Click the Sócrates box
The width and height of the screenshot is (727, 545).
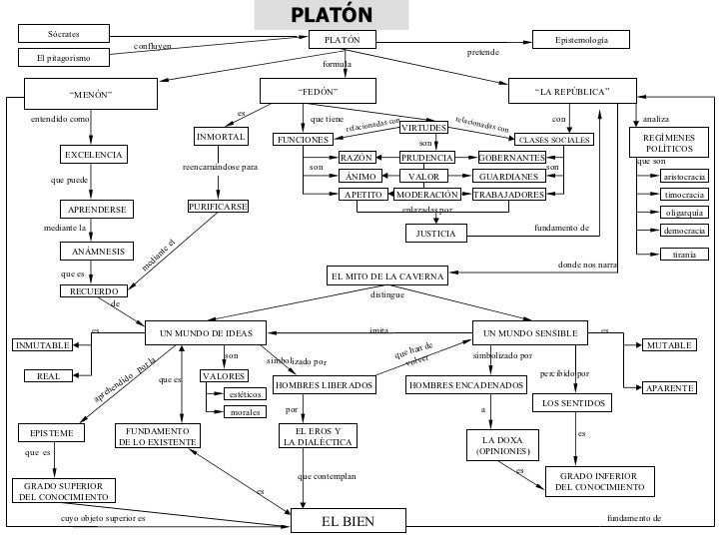[x=64, y=33]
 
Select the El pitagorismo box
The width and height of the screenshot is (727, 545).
[x=64, y=58]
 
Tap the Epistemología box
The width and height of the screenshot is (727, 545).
[x=581, y=39]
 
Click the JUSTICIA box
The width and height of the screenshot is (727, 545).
[x=435, y=234]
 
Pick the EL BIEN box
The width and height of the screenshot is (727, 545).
[x=349, y=520]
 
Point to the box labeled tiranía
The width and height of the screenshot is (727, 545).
[x=684, y=254]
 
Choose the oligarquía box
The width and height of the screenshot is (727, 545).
[x=684, y=213]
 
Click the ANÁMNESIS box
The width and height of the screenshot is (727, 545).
[x=97, y=252]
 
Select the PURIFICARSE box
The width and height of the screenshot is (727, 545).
[x=218, y=207]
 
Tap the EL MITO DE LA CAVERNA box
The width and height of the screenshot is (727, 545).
[x=387, y=275]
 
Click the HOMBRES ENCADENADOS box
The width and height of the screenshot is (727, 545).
[x=466, y=385]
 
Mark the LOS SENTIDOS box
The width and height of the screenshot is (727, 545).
[x=572, y=402]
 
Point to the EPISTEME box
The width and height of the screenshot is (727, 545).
[x=52, y=433]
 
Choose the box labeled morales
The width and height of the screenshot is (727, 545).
[x=245, y=412]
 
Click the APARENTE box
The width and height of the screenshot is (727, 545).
[x=669, y=388]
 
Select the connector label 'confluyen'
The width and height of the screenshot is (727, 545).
[x=153, y=46]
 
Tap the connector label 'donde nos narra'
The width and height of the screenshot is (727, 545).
[x=587, y=265]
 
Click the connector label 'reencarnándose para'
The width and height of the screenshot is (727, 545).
[x=220, y=167]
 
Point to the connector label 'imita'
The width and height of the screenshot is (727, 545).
[x=378, y=330]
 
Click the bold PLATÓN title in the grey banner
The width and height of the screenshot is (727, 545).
[x=332, y=15]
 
